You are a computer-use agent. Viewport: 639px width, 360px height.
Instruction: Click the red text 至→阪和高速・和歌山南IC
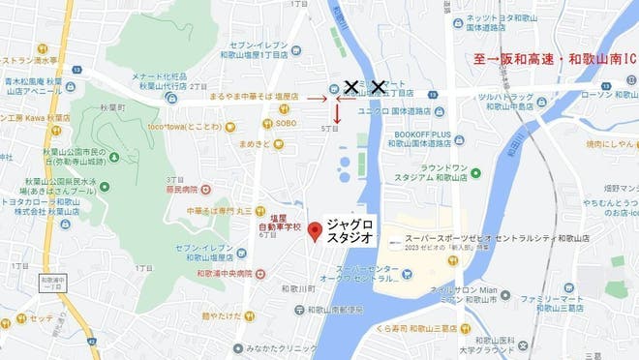click(x=555, y=59)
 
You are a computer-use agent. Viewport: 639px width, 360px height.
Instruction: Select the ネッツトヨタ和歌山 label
click(x=503, y=18)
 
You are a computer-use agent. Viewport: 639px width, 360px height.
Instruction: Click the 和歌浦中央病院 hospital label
click(x=225, y=274)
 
